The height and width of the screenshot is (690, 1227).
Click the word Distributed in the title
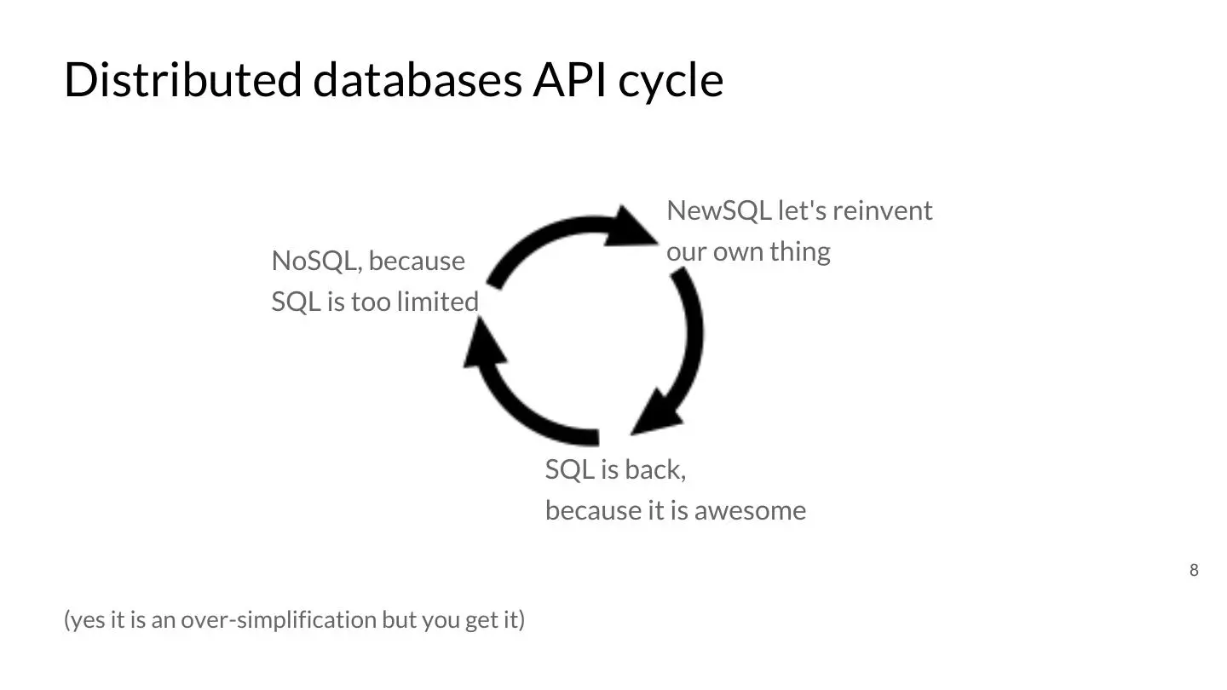click(x=182, y=80)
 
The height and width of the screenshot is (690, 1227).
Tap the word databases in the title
click(x=418, y=80)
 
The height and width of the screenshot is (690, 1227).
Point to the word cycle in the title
click(x=671, y=82)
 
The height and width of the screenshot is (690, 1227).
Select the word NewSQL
click(x=718, y=210)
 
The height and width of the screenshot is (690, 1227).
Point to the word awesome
click(x=750, y=511)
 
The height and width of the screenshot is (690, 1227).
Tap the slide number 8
click(x=1194, y=571)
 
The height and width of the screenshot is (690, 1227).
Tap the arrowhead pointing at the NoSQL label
click(x=479, y=345)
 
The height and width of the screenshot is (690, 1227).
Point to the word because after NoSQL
click(x=417, y=261)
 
